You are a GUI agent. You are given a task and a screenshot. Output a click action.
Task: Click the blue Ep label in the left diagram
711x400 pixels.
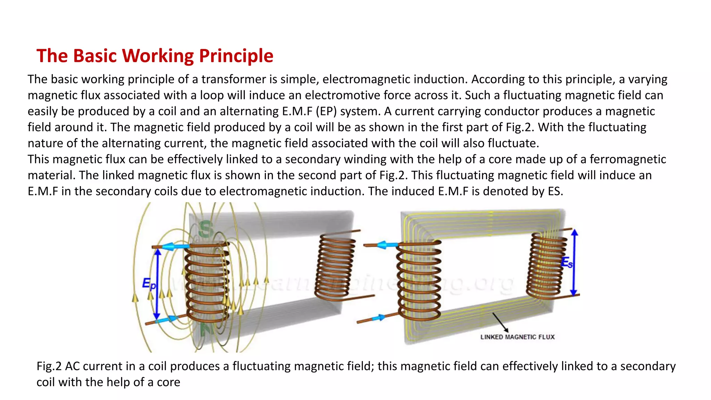pyautogui.click(x=149, y=284)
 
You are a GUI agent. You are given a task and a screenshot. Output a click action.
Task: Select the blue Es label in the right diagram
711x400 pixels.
pyautogui.click(x=567, y=262)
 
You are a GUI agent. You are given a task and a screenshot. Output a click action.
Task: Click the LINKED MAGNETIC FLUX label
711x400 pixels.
pyautogui.click(x=517, y=337)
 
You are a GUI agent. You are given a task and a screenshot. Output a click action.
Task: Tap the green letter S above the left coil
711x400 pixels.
pyautogui.click(x=206, y=229)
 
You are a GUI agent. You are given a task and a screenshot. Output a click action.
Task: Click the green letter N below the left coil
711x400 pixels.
pyautogui.click(x=207, y=328)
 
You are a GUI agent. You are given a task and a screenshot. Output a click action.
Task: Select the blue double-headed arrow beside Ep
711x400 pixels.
pyautogui.click(x=157, y=284)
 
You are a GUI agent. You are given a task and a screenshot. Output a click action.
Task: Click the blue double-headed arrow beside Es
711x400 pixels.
pyautogui.click(x=574, y=262)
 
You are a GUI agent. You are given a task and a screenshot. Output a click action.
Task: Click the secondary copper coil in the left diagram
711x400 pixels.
pyautogui.click(x=335, y=266)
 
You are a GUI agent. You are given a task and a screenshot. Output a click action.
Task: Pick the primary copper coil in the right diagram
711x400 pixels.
pyautogui.click(x=419, y=280)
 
